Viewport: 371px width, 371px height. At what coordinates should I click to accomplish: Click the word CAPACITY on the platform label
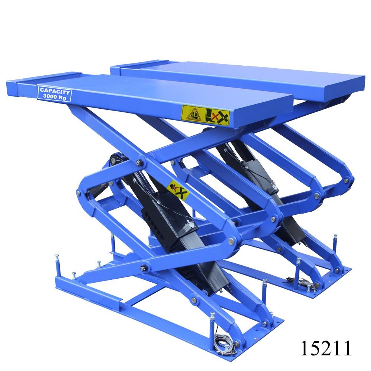pyautogui.click(x=55, y=91)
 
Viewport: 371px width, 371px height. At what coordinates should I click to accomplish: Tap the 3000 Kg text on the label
pyautogui.click(x=55, y=97)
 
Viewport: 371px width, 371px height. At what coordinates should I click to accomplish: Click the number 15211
pyautogui.click(x=326, y=348)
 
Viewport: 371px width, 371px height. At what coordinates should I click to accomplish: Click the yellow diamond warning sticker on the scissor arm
pyautogui.click(x=178, y=190)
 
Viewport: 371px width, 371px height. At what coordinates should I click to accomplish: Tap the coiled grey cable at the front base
pyautogui.click(x=224, y=344)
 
